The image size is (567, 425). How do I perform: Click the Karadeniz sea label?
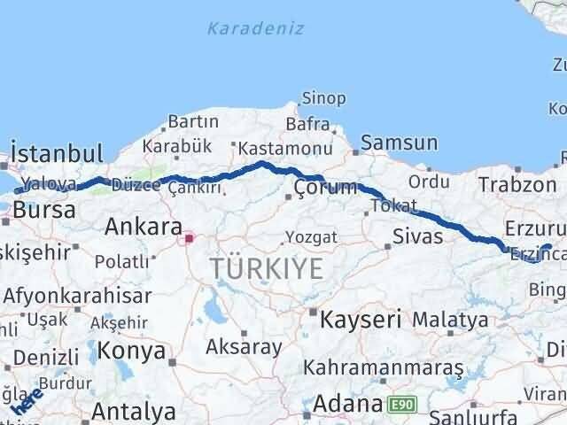click(255, 28)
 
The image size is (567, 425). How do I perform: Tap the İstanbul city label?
click(57, 152)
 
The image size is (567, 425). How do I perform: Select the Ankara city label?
click(144, 227)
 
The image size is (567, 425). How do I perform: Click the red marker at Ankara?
click(188, 237)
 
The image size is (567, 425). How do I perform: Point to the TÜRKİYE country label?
click(267, 268)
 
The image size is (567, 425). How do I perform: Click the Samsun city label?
click(399, 142)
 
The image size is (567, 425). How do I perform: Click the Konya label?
click(132, 351)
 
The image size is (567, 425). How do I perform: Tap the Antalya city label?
click(133, 412)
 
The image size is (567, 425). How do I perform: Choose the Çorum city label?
click(325, 187)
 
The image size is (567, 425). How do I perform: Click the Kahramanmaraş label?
click(384, 367)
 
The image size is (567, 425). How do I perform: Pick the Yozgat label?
click(311, 236)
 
